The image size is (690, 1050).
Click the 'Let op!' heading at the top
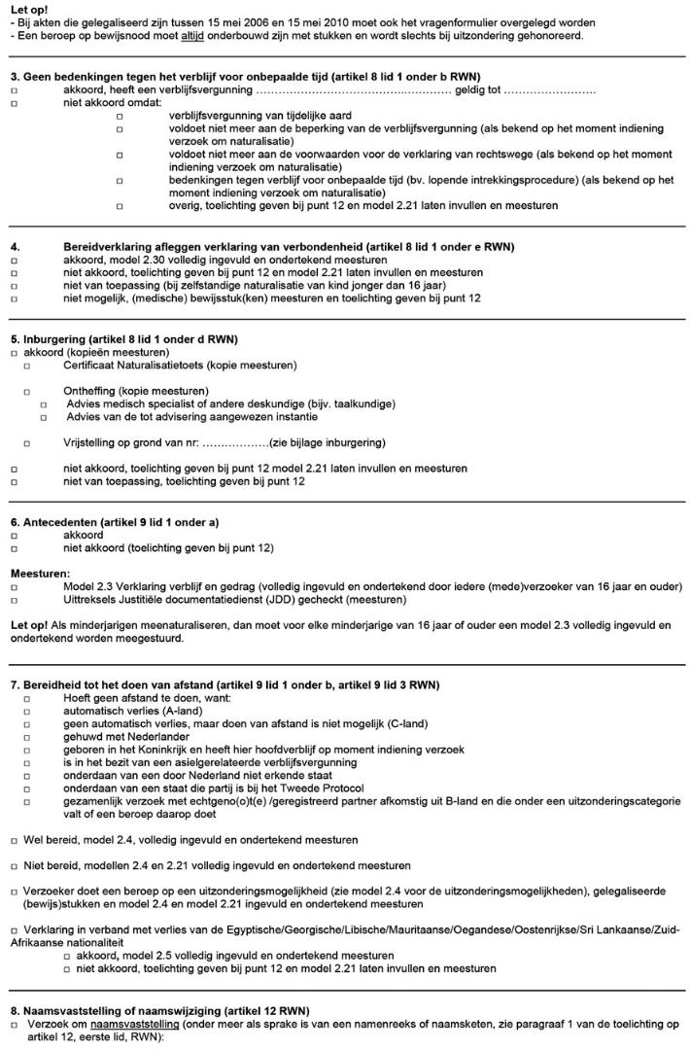pos(27,9)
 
